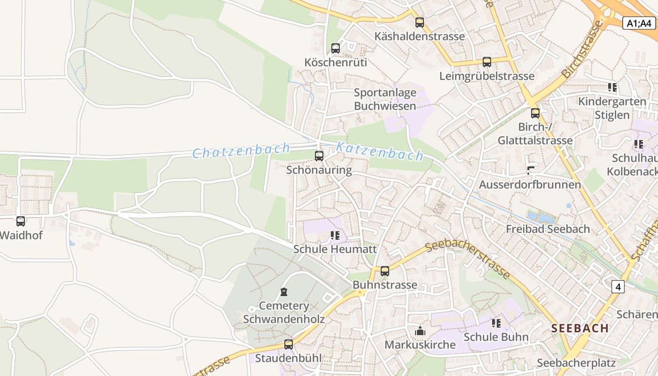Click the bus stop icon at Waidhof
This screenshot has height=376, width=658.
click(x=21, y=221)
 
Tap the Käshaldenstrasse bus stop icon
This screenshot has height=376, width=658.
click(x=420, y=22)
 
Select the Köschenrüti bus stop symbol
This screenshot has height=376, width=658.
click(x=336, y=48)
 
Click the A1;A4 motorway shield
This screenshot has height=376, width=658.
click(x=639, y=23)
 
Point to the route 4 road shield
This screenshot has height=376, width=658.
click(x=618, y=286)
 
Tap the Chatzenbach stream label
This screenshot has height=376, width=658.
click(x=241, y=151)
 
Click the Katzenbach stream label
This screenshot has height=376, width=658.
click(x=380, y=151)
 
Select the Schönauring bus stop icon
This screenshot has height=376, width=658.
click(x=319, y=156)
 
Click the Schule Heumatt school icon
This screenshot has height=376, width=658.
click(x=335, y=235)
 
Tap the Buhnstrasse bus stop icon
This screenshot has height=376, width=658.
click(x=385, y=271)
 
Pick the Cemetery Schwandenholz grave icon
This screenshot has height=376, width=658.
click(x=284, y=292)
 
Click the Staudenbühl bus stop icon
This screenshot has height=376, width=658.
click(x=289, y=344)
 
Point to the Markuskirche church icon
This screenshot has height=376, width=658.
click(x=420, y=331)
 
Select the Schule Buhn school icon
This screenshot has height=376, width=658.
click(x=496, y=323)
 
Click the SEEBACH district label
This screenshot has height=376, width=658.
click(x=580, y=328)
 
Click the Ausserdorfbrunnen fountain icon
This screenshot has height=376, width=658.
click(x=531, y=171)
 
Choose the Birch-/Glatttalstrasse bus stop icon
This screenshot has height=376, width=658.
click(x=535, y=113)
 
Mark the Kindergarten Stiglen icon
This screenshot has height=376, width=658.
click(x=612, y=87)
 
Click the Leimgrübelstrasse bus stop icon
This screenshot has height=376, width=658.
click(x=487, y=62)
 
